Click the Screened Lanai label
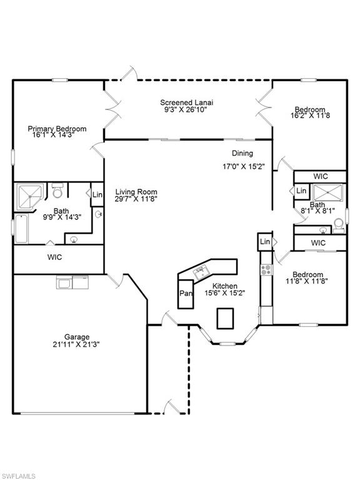188,103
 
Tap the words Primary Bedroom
57,129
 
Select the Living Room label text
136,192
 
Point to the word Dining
242,153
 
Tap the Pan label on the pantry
186,293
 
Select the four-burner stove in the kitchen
265,270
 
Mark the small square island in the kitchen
225,318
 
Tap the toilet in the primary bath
57,189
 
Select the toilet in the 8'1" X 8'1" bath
338,224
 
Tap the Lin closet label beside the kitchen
265,241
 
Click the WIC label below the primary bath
54,257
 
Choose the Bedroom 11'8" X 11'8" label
307,278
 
